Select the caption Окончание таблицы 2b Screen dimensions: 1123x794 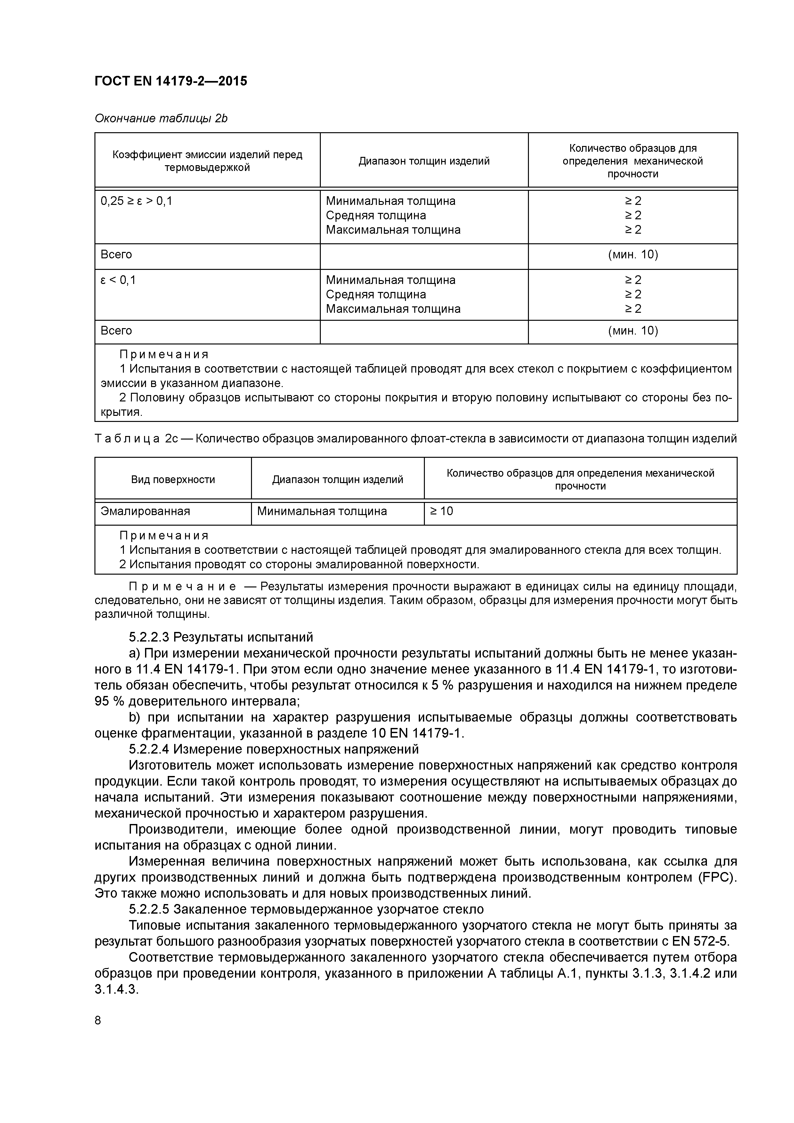pyautogui.click(x=161, y=118)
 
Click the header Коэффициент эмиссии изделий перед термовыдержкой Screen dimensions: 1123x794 pyautogui.click(x=207, y=161)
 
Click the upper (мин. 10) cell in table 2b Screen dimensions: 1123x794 pyautogui.click(x=633, y=255)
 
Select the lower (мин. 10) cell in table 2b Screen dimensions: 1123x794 pyautogui.click(x=633, y=331)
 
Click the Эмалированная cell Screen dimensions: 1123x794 pyautogui.click(x=145, y=512)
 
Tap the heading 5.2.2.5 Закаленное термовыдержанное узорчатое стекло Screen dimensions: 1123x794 pyautogui.click(x=306, y=909)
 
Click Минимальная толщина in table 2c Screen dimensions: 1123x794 pyautogui.click(x=322, y=512)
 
